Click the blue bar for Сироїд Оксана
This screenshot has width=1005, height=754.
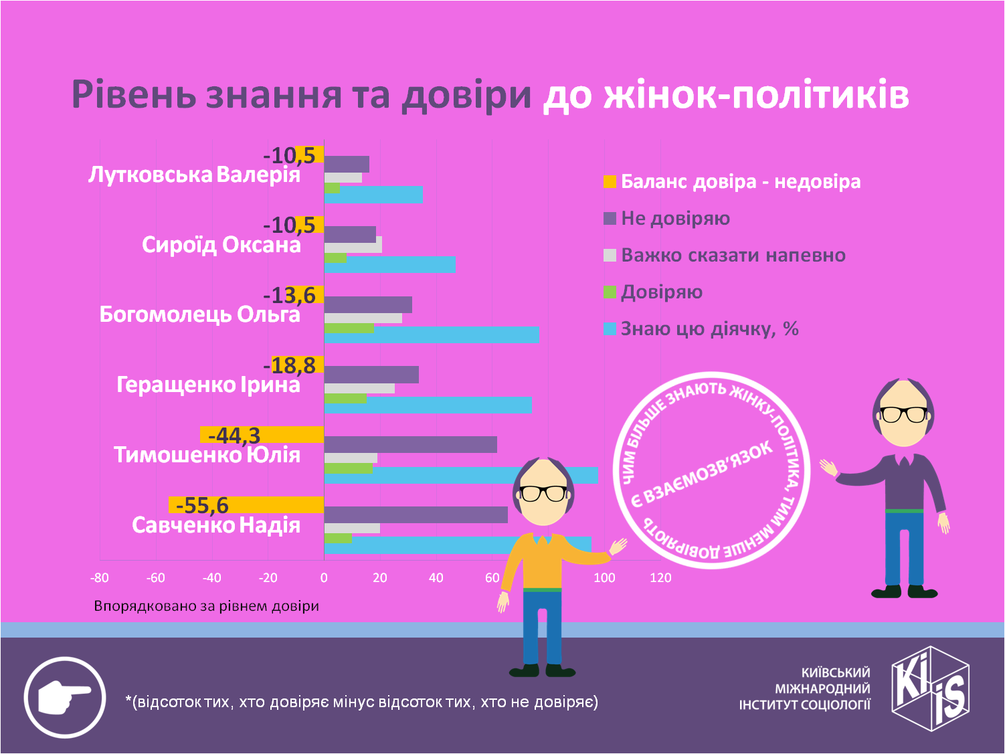390,264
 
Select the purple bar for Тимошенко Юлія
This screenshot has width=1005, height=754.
410,444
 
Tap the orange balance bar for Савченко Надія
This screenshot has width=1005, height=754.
246,505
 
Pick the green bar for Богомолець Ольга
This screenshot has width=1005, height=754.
349,328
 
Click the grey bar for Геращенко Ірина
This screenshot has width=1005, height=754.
359,388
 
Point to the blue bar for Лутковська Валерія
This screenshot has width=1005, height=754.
373,194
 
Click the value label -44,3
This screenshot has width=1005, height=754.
234,436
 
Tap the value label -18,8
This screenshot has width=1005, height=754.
293,365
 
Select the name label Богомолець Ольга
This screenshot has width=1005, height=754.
199,314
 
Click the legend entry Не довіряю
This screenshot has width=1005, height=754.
674,219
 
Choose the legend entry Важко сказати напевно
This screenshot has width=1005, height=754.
733,256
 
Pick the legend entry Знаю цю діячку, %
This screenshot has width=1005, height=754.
709,329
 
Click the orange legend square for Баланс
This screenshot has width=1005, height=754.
610,181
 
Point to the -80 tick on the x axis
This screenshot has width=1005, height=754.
100,578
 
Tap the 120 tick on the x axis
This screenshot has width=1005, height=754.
660,578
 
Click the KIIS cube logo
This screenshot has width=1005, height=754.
930,688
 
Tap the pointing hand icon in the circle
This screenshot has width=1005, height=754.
65,698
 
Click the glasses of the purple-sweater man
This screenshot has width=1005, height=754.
903,414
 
